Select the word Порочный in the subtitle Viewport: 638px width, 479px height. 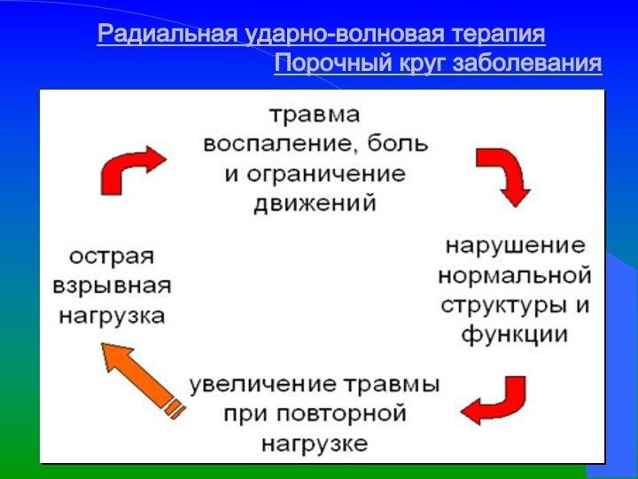pyautogui.click(x=334, y=64)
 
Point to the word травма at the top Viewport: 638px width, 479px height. pyautogui.click(x=315, y=114)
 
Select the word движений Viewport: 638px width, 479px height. pyautogui.click(x=315, y=203)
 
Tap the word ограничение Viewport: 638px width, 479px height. pyautogui.click(x=326, y=175)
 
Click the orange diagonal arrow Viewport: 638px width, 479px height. pyautogui.click(x=144, y=380)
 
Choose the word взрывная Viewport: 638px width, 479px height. pyautogui.click(x=112, y=286)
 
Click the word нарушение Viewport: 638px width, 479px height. pyautogui.click(x=516, y=247)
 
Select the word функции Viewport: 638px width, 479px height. pyautogui.click(x=514, y=334)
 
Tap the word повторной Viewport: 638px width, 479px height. pyautogui.click(x=342, y=414)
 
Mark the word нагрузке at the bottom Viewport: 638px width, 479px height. pyautogui.click(x=315, y=444)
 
